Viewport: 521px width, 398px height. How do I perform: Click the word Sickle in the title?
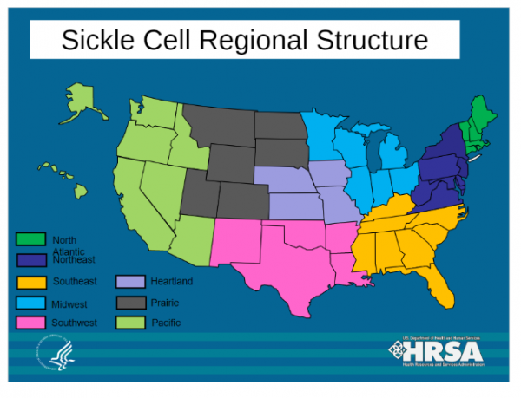tap(98, 40)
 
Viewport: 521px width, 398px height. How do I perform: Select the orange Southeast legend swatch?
tap(30, 281)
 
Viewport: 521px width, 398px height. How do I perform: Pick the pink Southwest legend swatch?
tap(30, 323)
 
